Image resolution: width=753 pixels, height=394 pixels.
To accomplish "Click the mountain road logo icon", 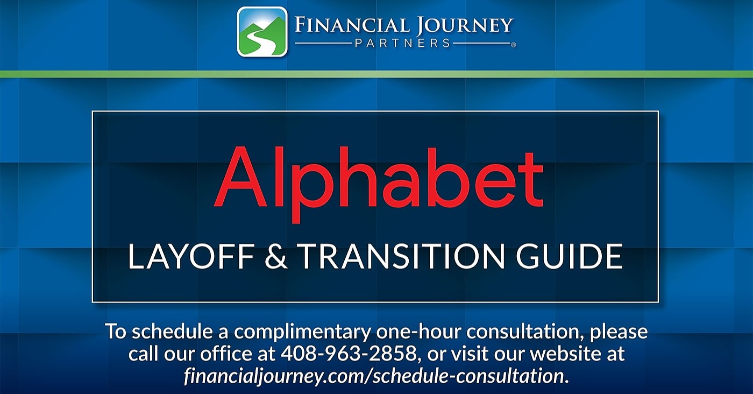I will pos(262,31).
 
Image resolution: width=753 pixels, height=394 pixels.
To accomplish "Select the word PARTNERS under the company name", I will pos(402,43).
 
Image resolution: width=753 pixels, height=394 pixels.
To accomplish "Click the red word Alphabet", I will pos(378,178).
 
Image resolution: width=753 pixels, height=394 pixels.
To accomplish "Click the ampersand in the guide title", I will pos(275,257).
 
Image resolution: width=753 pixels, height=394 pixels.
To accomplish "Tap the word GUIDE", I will pos(569,257).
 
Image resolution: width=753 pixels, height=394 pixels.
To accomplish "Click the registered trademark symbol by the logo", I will pos(514,46).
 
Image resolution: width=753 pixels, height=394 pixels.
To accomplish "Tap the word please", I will pos(619,332).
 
